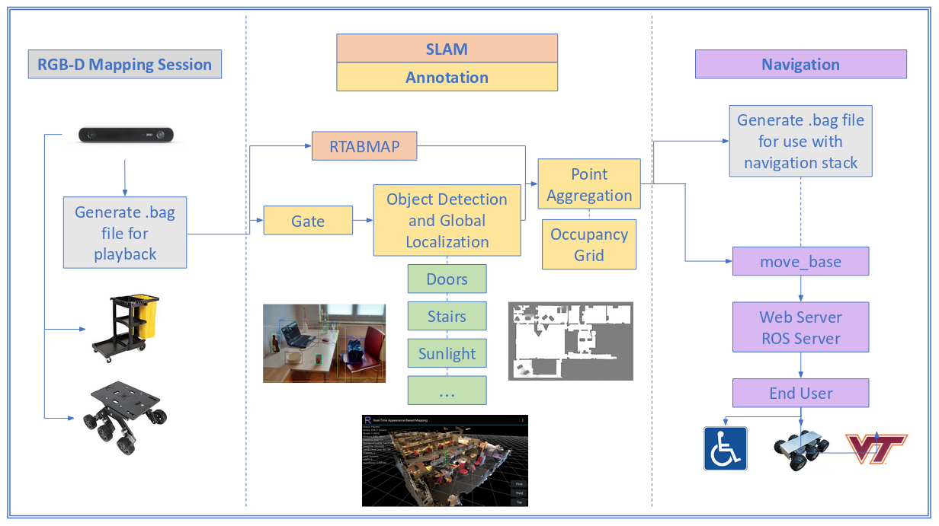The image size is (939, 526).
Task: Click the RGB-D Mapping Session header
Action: (124, 64)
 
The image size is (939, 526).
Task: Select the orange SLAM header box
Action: (447, 49)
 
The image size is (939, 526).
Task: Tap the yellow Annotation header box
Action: (447, 77)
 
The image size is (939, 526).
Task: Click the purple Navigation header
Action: (800, 64)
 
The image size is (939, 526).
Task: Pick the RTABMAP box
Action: (364, 146)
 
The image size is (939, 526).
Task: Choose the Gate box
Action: (308, 221)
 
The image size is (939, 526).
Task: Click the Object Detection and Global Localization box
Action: (447, 221)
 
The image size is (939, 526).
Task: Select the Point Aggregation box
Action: (589, 184)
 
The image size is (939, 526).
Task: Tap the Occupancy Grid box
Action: (589, 244)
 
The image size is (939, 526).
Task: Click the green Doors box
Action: (447, 279)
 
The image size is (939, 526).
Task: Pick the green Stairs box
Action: (447, 316)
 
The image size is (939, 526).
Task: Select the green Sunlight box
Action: (447, 353)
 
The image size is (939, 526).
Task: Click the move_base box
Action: (800, 261)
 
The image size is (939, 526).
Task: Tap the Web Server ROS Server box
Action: (800, 327)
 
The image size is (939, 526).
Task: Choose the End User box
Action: (800, 393)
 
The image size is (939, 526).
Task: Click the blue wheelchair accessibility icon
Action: (725, 448)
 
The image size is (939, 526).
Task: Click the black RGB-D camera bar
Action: (127, 135)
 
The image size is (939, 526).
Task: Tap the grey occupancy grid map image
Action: (570, 340)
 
